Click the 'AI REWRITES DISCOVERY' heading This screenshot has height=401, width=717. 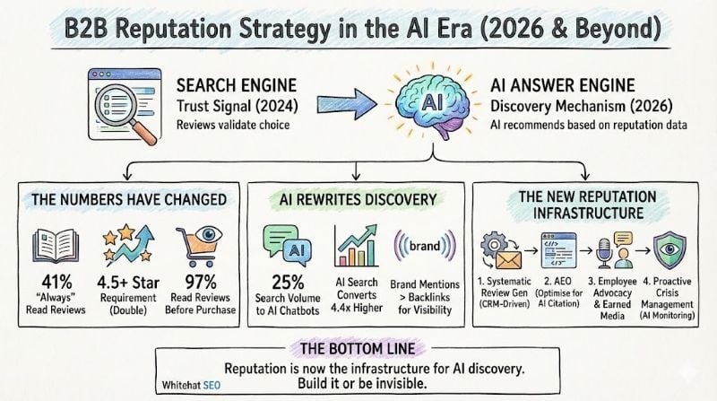(356, 198)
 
